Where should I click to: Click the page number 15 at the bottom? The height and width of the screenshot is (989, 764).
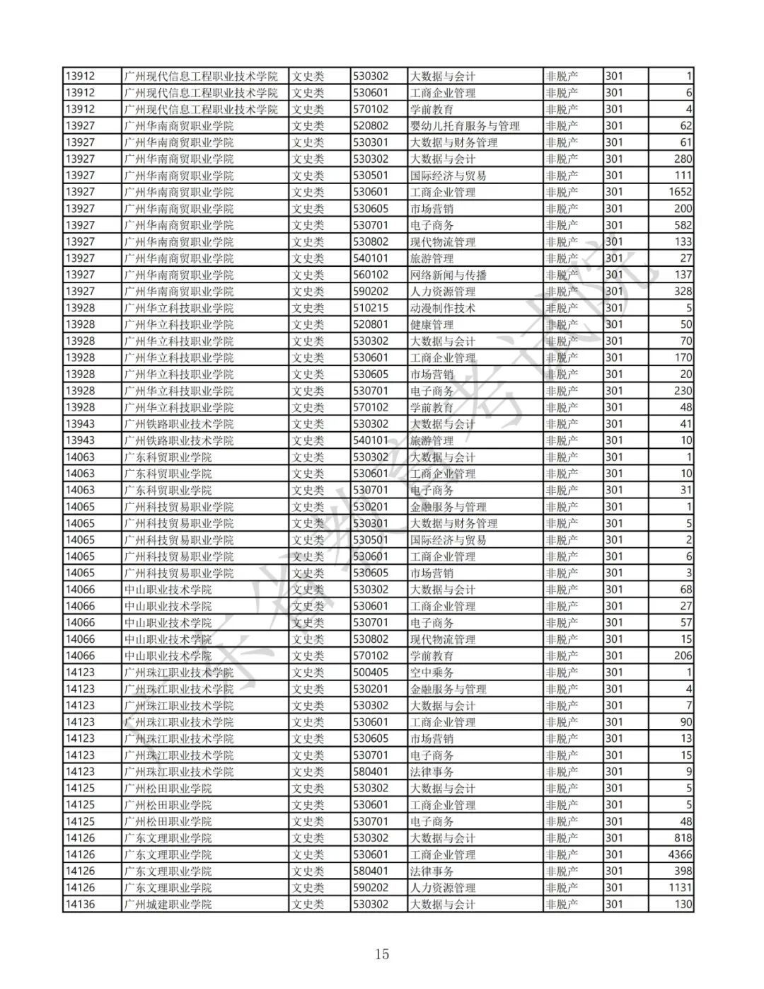(x=382, y=954)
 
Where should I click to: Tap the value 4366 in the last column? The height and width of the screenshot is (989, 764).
(x=680, y=854)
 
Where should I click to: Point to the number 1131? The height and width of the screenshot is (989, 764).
(x=680, y=888)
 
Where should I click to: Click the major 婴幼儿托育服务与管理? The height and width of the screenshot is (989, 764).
(x=465, y=126)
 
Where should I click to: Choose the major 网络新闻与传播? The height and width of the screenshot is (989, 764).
(x=448, y=275)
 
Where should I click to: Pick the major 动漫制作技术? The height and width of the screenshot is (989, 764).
(x=443, y=308)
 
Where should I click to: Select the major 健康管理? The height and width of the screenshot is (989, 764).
(x=432, y=324)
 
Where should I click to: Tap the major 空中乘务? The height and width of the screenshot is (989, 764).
(x=432, y=673)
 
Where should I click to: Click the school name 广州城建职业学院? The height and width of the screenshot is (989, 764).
(x=168, y=904)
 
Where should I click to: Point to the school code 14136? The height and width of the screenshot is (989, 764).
(x=80, y=904)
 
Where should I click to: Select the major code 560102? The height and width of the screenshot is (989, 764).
(x=371, y=275)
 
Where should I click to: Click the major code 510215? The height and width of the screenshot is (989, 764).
(x=371, y=308)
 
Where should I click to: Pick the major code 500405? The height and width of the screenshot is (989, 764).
(x=371, y=673)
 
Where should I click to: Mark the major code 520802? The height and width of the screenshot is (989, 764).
(x=371, y=126)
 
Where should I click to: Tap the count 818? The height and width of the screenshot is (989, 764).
(x=683, y=838)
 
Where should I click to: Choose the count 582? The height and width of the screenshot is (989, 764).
(x=683, y=225)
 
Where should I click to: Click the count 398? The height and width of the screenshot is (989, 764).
(x=683, y=871)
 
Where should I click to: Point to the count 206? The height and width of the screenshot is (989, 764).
(x=683, y=656)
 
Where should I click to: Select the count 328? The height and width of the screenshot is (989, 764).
(x=683, y=291)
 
